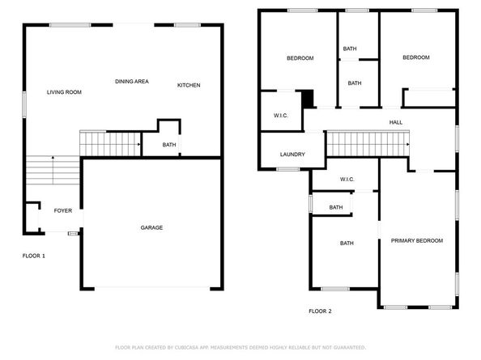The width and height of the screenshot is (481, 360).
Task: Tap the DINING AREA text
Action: tap(131, 82)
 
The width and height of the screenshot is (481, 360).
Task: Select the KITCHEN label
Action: tap(189, 86)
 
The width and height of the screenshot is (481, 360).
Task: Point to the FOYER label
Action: tap(63, 210)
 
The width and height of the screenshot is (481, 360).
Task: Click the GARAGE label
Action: tap(151, 227)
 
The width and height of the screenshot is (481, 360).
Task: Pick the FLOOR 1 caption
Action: tap(33, 256)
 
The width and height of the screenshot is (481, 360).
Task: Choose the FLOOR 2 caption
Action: tap(320, 311)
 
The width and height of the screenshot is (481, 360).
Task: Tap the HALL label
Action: tap(396, 122)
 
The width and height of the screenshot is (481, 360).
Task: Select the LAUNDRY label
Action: tap(292, 155)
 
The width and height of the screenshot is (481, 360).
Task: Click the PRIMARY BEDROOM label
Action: tap(417, 241)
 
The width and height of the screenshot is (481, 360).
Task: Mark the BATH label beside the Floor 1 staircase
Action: tap(169, 146)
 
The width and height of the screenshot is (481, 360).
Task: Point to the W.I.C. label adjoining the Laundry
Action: tap(281, 116)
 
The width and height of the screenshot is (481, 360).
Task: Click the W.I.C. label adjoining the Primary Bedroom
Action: tap(347, 180)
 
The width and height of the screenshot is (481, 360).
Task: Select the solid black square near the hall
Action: tap(308, 98)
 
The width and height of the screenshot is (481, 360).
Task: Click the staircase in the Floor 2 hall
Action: tap(368, 145)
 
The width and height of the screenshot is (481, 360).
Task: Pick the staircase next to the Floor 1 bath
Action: tap(110, 144)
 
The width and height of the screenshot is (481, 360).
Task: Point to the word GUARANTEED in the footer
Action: tap(343, 347)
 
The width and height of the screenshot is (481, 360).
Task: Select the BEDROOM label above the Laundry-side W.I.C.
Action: tap(300, 58)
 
